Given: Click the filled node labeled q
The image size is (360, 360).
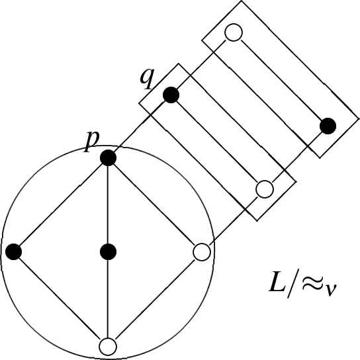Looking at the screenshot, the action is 171,95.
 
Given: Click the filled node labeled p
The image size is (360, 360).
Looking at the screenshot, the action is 108,157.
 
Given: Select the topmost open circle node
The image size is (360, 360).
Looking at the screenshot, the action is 234,32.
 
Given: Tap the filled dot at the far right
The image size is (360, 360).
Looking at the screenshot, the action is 328,126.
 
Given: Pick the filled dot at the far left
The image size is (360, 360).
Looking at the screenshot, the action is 13,252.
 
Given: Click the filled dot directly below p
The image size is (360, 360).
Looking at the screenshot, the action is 108,252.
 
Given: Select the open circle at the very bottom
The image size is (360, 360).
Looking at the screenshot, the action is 108,347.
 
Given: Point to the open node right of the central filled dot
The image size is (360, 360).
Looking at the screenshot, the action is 202,252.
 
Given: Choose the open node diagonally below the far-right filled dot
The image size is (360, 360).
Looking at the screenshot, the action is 265,189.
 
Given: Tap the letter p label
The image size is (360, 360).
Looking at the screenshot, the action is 91,142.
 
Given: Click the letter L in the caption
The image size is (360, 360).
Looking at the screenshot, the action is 277,283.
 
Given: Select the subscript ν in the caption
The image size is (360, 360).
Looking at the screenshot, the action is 331,290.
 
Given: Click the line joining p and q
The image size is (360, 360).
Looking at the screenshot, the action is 140,126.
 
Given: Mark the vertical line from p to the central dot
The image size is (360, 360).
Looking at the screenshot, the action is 108,204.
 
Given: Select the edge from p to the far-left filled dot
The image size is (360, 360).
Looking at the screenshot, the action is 61,204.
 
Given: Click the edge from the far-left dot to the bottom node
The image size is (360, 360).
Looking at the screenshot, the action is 60,299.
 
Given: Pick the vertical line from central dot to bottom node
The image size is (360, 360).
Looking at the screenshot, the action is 108,299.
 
